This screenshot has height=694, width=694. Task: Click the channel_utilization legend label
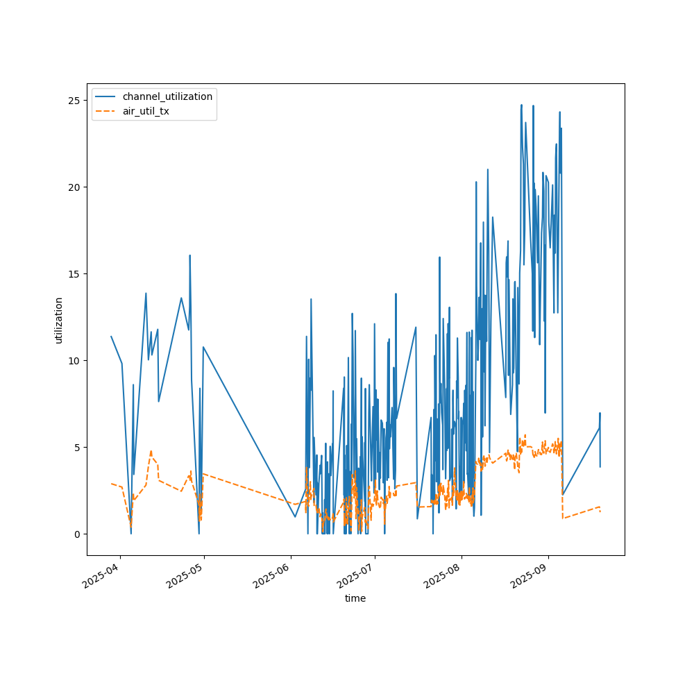pyautogui.click(x=167, y=96)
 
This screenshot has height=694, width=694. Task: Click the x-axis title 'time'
pyautogui.click(x=355, y=598)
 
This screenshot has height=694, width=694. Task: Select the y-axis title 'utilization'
pyautogui.click(x=59, y=320)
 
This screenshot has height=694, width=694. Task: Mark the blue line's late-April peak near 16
pyautogui.click(x=189, y=255)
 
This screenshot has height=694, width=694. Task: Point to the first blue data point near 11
pyautogui.click(x=111, y=337)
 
